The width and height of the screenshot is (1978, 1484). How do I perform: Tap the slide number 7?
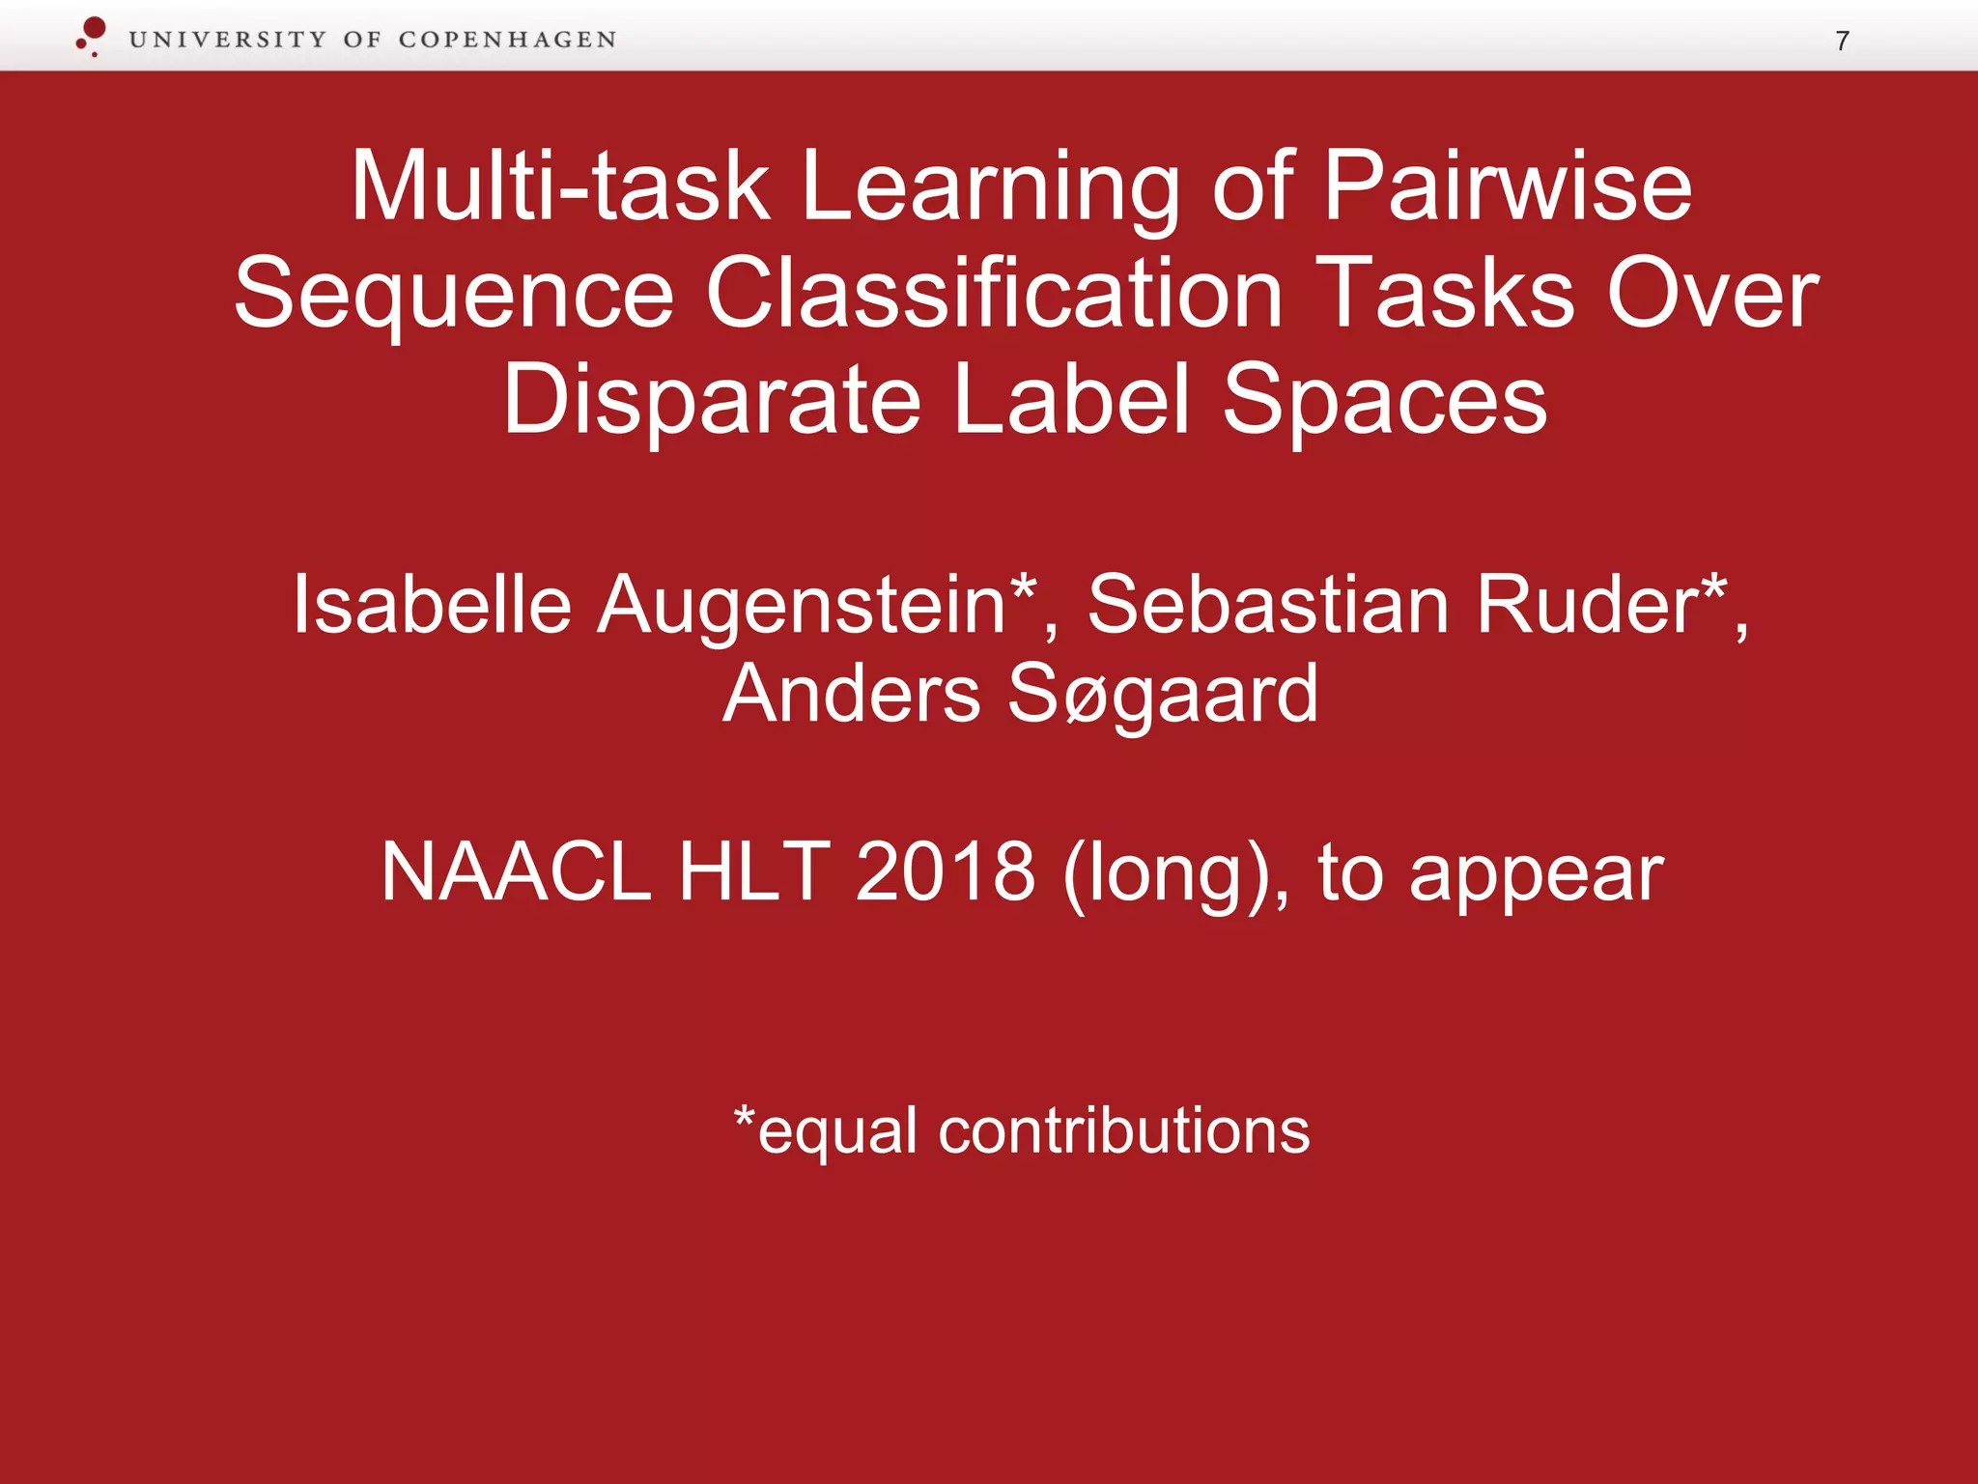[x=1842, y=42]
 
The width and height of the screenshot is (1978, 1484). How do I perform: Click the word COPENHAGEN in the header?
[x=507, y=41]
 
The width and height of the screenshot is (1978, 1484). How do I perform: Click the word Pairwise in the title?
[x=1507, y=186]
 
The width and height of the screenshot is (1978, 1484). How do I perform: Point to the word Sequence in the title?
[x=454, y=295]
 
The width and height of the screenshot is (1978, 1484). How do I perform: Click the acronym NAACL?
[x=516, y=872]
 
